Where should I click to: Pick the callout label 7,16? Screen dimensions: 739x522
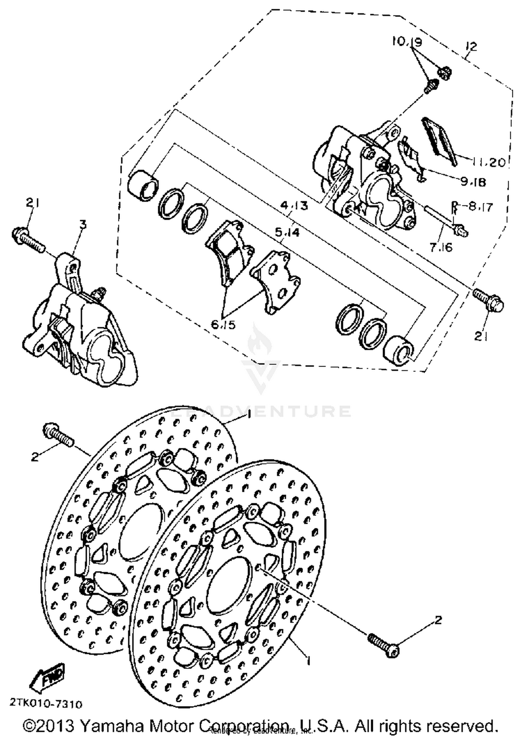[441, 247]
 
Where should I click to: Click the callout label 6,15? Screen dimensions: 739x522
[223, 324]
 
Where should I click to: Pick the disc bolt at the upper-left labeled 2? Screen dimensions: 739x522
[58, 435]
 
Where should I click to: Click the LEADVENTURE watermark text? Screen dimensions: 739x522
[261, 412]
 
